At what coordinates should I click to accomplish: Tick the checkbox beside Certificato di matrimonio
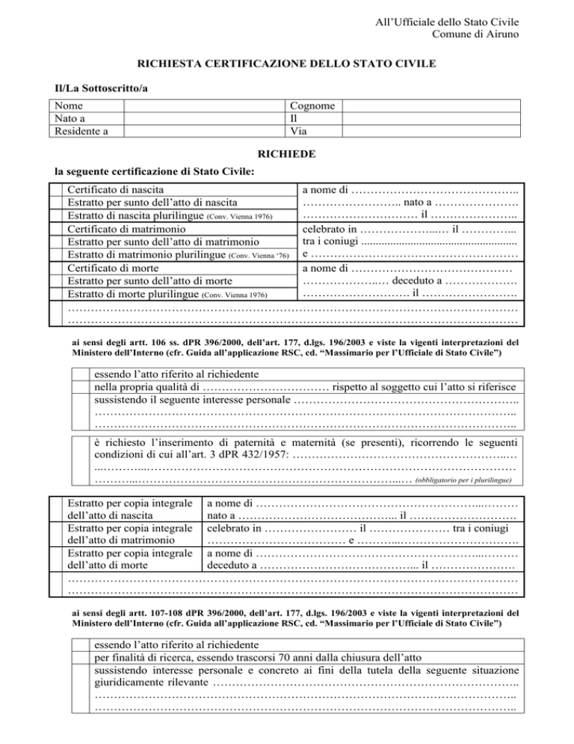point(54,228)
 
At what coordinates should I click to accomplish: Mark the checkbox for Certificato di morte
point(54,267)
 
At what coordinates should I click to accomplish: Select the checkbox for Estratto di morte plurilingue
point(54,293)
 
